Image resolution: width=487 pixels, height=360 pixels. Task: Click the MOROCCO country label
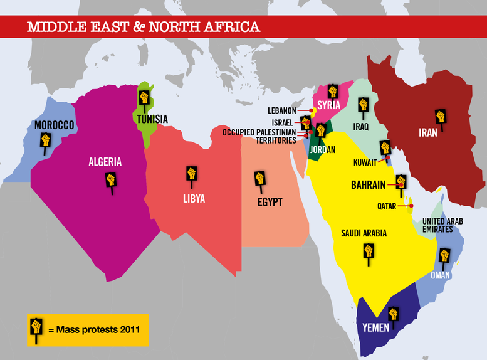coord(54,125)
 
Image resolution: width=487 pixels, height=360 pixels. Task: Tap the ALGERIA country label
coord(105,162)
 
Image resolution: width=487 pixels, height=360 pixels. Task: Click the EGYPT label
coord(270,202)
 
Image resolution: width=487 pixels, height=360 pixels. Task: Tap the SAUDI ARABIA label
coord(364,233)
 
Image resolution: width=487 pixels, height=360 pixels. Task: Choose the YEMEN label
coord(376,327)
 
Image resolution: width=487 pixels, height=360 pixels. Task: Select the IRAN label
coord(428,133)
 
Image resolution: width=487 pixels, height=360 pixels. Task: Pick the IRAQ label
coord(361,127)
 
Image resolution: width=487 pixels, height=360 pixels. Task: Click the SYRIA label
coord(328,105)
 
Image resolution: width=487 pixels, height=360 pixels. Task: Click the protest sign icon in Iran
coord(441,118)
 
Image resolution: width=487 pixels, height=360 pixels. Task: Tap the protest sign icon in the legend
coord(36,328)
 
